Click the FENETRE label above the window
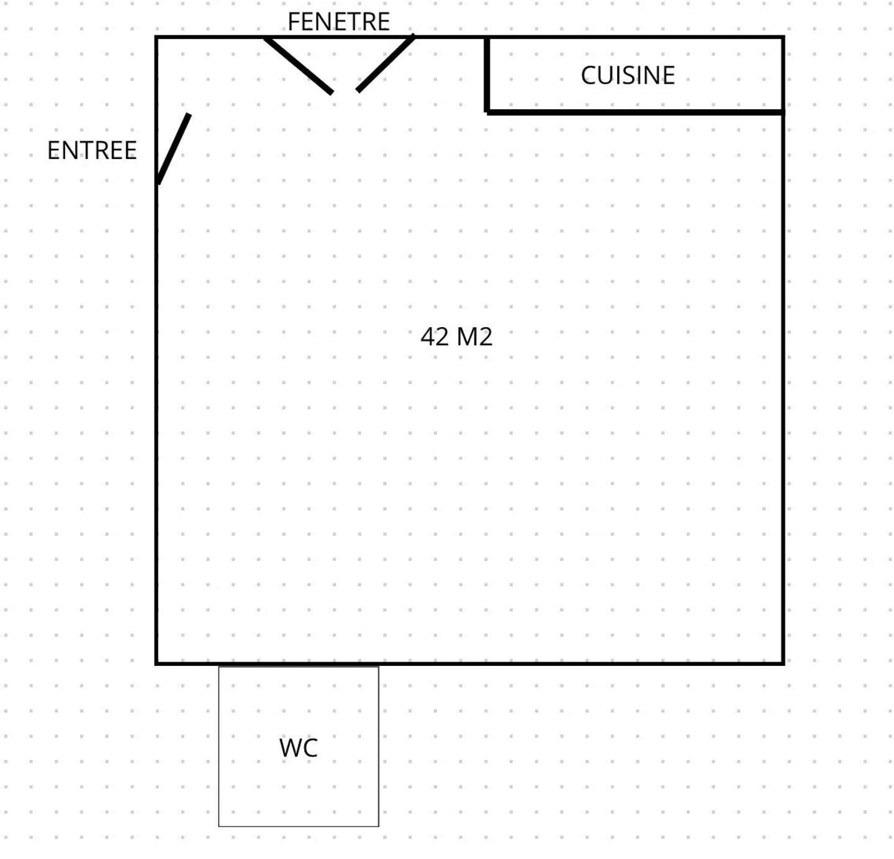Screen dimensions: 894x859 pos(338,22)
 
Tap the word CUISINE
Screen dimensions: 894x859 pos(628,75)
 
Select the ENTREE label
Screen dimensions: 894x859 pos(92,151)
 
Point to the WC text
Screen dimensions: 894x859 pos(298,748)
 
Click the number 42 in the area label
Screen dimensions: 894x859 pos(435,336)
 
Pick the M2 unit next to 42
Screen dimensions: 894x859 pos(474,336)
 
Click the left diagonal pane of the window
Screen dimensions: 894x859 pos(299,66)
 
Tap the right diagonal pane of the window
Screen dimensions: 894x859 pos(386,63)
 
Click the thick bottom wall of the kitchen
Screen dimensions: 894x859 pos(635,112)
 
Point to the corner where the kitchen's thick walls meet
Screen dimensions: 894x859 pos(487,112)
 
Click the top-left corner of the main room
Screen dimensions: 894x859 pos(156,37)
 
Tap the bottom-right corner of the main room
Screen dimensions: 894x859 pos(783,663)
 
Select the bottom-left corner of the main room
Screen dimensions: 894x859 pos(156,663)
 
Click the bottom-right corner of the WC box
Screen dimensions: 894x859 pos(379,826)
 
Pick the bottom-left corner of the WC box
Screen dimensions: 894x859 pos(219,826)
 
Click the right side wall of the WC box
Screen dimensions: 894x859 pos(379,747)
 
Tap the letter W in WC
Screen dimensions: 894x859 pos(291,748)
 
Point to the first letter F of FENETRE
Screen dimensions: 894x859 pos(293,22)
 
